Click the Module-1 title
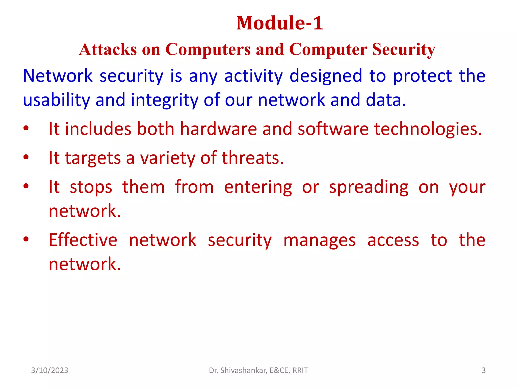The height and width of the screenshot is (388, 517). click(x=279, y=23)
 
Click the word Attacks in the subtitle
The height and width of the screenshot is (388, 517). click(x=108, y=49)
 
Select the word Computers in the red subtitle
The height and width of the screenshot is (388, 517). click(x=208, y=49)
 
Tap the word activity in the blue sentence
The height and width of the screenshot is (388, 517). click(x=253, y=76)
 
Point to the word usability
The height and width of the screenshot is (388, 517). click(x=56, y=100)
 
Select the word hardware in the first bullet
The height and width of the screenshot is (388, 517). click(x=218, y=129)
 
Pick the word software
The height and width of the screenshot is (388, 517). click(x=333, y=129)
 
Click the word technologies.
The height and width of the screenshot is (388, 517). click(x=428, y=129)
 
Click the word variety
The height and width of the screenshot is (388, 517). click(x=168, y=158)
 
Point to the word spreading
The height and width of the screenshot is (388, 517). click(x=369, y=187)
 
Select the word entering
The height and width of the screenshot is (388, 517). click(x=258, y=187)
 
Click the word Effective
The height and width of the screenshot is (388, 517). click(x=83, y=240)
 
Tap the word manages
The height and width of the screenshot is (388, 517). click(x=319, y=240)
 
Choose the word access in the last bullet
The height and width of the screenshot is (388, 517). click(x=393, y=240)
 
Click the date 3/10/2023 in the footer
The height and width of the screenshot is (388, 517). click(x=49, y=370)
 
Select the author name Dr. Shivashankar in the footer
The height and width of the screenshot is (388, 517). click(x=238, y=370)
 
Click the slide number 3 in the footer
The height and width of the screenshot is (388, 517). click(x=483, y=370)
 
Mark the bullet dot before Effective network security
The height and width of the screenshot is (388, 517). click(x=26, y=239)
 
